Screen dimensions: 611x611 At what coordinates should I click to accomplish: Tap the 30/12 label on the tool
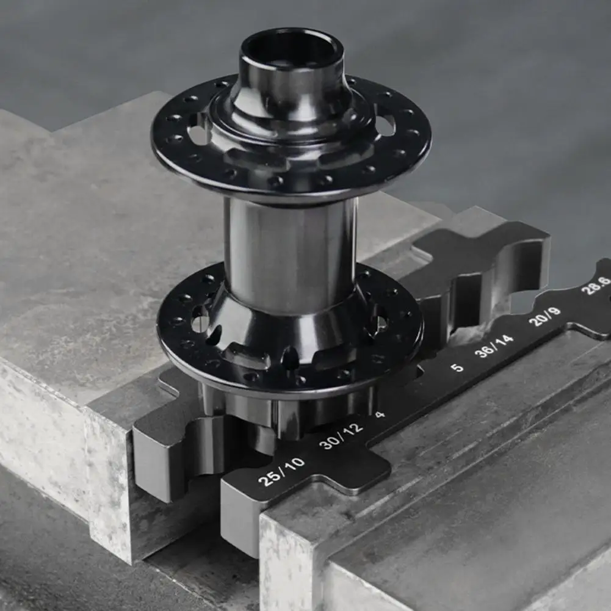[341, 436]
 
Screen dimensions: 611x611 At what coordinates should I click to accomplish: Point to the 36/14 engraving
[494, 345]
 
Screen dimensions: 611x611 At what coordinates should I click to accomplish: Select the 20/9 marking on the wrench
[544, 316]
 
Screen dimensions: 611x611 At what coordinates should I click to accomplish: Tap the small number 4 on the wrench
[380, 414]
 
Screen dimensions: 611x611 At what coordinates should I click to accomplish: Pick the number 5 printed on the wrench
[457, 367]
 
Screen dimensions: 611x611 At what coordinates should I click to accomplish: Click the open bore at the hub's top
[292, 49]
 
